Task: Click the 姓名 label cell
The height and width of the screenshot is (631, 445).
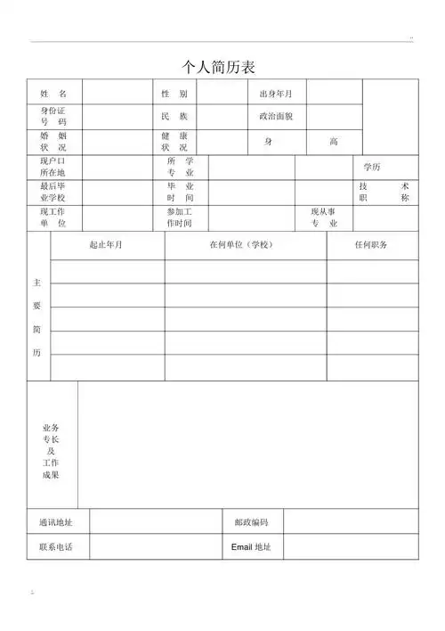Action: (x=53, y=94)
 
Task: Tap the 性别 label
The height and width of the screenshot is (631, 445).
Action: (x=174, y=94)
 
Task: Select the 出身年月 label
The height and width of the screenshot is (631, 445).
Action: (x=276, y=94)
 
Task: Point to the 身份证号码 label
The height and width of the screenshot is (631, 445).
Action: (x=53, y=116)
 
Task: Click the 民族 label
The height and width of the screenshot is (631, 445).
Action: (x=174, y=116)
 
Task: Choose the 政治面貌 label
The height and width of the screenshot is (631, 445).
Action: (x=276, y=116)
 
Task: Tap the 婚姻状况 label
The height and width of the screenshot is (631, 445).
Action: (x=53, y=141)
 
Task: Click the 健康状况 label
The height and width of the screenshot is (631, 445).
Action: (x=174, y=141)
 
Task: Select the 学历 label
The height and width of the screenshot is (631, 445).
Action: (x=372, y=167)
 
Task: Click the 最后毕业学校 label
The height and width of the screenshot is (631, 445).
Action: (x=53, y=192)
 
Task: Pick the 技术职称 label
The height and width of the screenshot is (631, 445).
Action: (x=384, y=192)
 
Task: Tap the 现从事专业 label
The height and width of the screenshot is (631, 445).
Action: (x=324, y=217)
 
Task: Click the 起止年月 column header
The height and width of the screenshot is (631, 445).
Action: (x=107, y=245)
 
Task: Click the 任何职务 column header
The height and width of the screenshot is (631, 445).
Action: (x=371, y=245)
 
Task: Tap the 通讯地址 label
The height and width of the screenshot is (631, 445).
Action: (x=56, y=522)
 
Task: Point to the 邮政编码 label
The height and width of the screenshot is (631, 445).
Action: (x=252, y=522)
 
